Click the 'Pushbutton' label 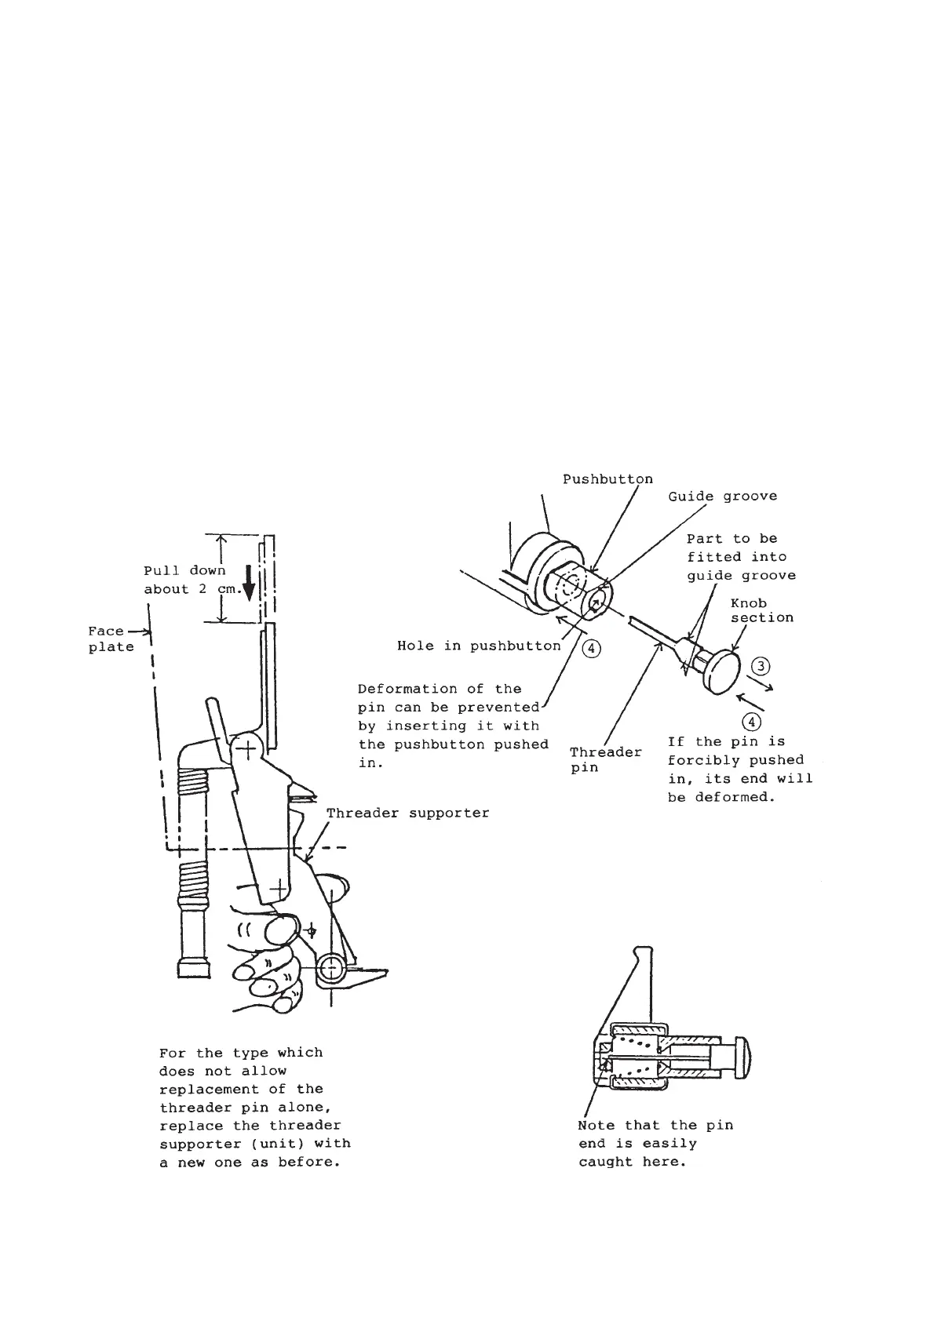(607, 479)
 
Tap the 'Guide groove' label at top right (722, 497)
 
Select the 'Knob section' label (761, 610)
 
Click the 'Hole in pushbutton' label (479, 646)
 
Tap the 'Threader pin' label (606, 759)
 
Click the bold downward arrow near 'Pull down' (249, 583)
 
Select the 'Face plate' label (110, 639)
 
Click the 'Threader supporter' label (407, 813)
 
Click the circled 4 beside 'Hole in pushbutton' (592, 648)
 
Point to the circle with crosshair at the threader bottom (331, 967)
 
